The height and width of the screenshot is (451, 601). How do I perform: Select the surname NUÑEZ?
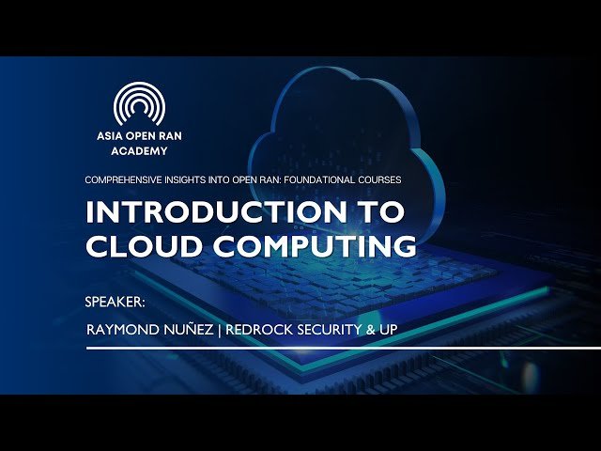click(193, 331)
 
